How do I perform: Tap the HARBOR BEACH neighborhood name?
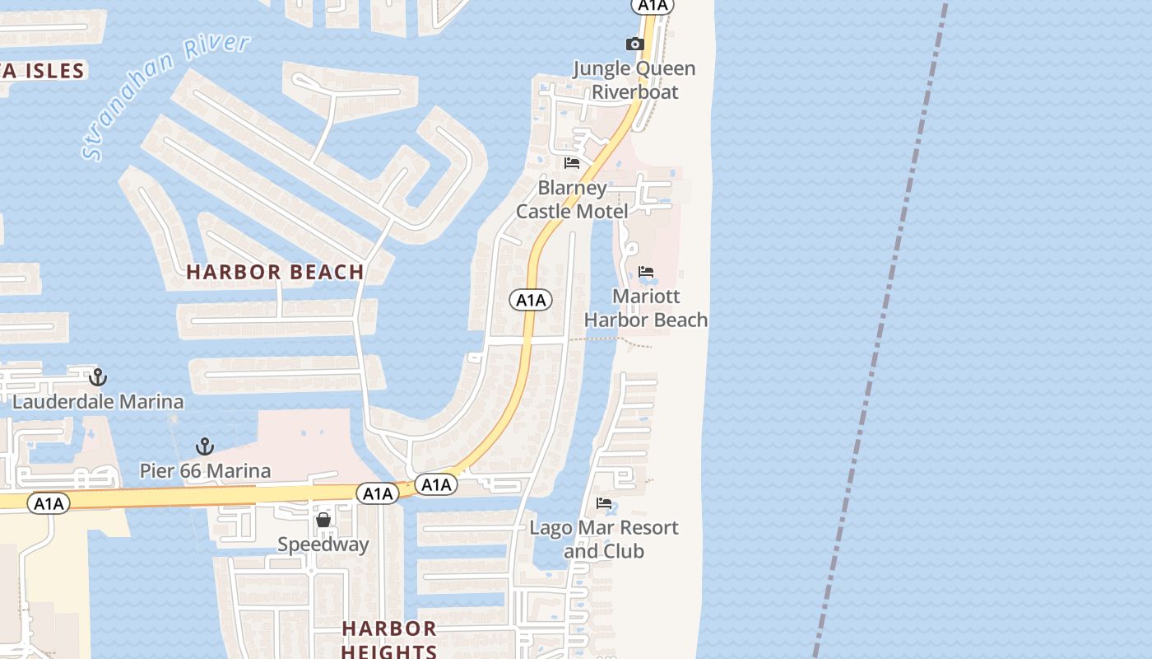coord(275,272)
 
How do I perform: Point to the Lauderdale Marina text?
coord(98,402)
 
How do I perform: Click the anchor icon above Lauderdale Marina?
coord(98,377)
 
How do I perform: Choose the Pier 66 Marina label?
coord(205,471)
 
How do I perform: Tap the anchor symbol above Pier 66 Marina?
coord(205,446)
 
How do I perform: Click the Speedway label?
coord(323,544)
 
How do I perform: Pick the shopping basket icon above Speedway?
coord(323,520)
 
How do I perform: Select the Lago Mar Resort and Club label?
coord(604,539)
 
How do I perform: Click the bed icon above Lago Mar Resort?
coord(604,503)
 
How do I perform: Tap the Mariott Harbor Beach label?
coord(646,307)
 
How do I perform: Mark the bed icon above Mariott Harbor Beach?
coord(646,272)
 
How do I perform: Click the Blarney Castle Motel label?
coord(572,199)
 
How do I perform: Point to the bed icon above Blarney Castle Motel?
coord(572,163)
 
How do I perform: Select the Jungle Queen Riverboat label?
coord(634,80)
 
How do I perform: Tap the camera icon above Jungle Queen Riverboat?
coord(634,44)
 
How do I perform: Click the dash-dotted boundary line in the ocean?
coord(880,329)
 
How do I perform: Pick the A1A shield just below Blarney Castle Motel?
coord(531,300)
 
